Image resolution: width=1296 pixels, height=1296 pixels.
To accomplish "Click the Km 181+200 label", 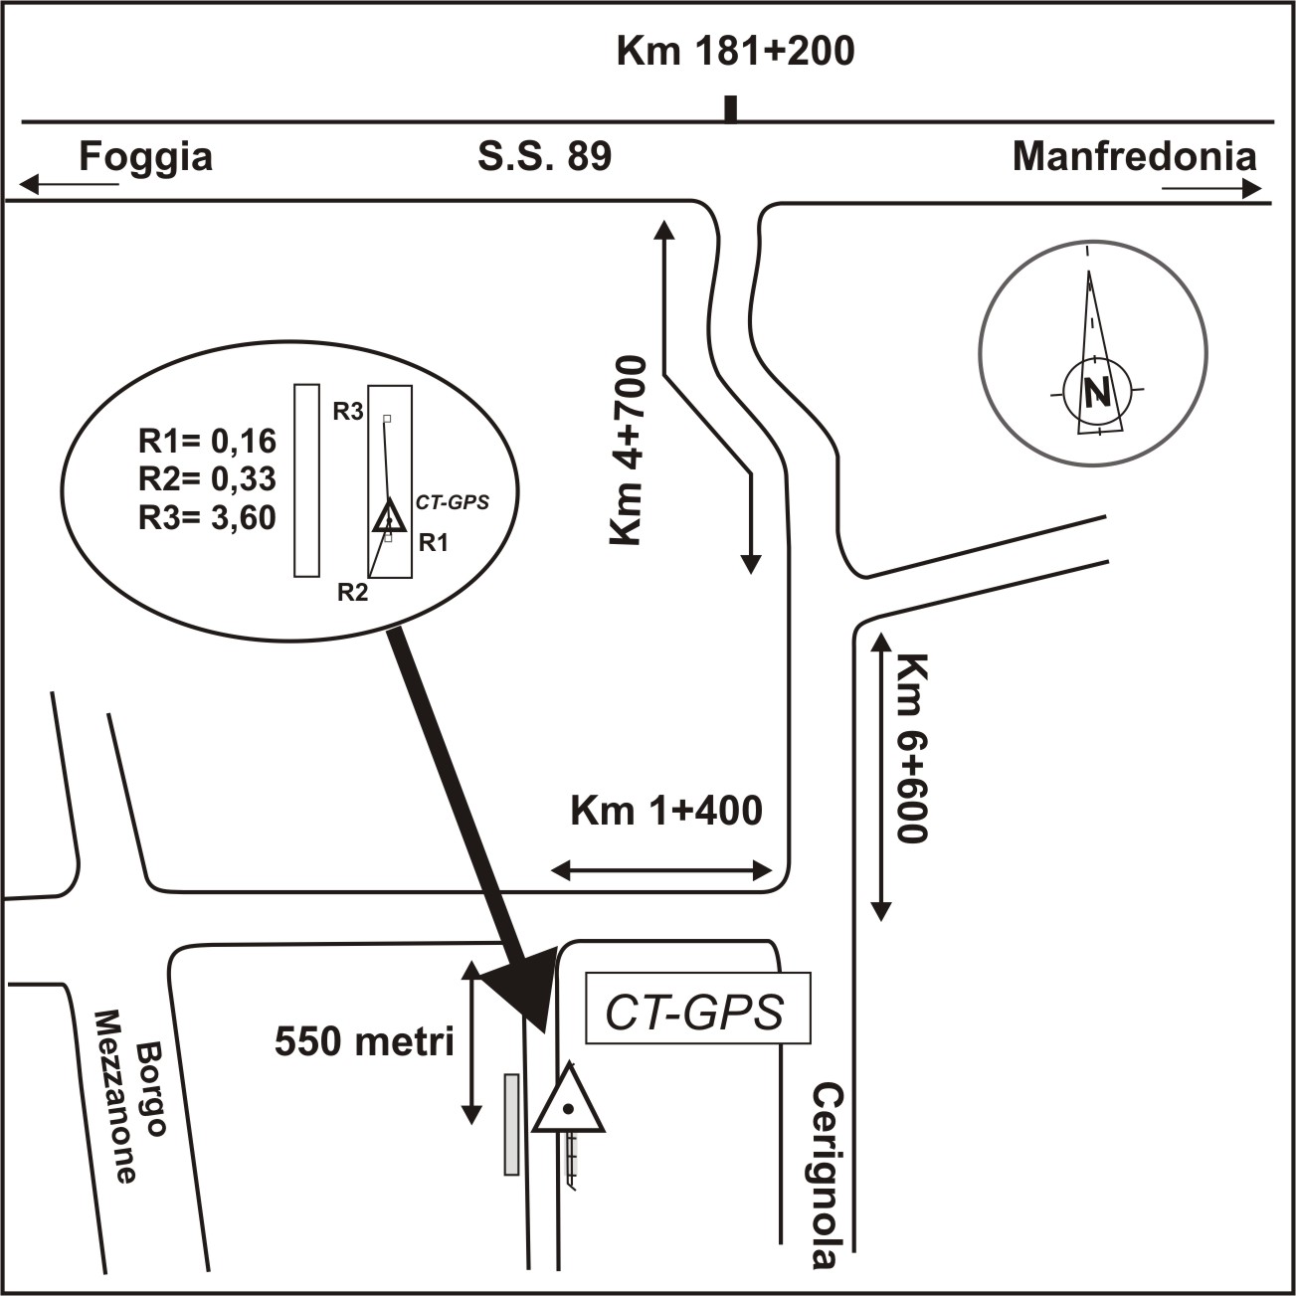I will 735,52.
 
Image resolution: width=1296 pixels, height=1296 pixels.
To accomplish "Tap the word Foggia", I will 146,157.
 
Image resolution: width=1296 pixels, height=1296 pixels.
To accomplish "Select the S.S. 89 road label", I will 545,156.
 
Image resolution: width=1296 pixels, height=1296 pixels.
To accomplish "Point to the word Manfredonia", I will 1134,157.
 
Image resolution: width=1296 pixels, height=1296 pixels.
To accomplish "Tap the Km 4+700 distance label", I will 629,450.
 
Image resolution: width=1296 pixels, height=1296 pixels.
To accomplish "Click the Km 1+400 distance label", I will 665,811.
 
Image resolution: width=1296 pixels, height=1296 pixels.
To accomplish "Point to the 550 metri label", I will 364,1041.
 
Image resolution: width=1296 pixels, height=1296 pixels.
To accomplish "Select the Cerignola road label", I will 824,1176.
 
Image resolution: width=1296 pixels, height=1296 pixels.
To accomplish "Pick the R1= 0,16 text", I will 207,441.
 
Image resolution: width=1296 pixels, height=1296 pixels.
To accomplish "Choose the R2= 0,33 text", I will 207,479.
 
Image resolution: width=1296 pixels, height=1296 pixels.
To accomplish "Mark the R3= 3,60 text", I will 207,518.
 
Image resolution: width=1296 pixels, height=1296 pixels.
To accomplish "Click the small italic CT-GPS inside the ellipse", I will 452,502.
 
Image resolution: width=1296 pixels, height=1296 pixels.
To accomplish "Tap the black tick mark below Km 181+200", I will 731,109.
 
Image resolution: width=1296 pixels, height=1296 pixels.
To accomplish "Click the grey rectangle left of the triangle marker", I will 511,1125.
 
